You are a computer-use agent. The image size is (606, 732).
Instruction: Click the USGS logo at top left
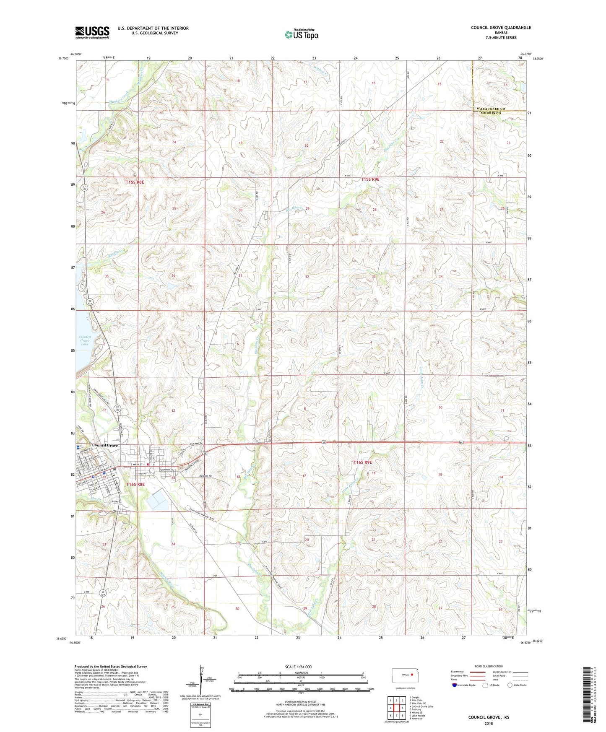pyautogui.click(x=92, y=32)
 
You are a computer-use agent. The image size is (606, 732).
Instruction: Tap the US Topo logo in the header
pyautogui.click(x=302, y=34)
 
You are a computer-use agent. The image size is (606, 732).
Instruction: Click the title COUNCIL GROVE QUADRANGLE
pyautogui.click(x=501, y=28)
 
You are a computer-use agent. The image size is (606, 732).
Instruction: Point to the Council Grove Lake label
pyautogui.click(x=84, y=340)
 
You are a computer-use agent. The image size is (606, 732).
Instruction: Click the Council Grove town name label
pyautogui.click(x=105, y=445)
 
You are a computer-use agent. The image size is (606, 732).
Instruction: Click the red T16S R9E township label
pyautogui.click(x=363, y=462)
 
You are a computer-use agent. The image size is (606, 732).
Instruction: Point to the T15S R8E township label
pyautogui.click(x=135, y=182)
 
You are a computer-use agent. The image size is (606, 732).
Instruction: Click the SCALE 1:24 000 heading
pyautogui.click(x=298, y=667)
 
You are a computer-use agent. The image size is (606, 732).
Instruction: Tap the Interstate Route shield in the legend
pyautogui.click(x=455, y=685)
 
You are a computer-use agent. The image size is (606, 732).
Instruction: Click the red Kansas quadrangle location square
pyautogui.click(x=412, y=675)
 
